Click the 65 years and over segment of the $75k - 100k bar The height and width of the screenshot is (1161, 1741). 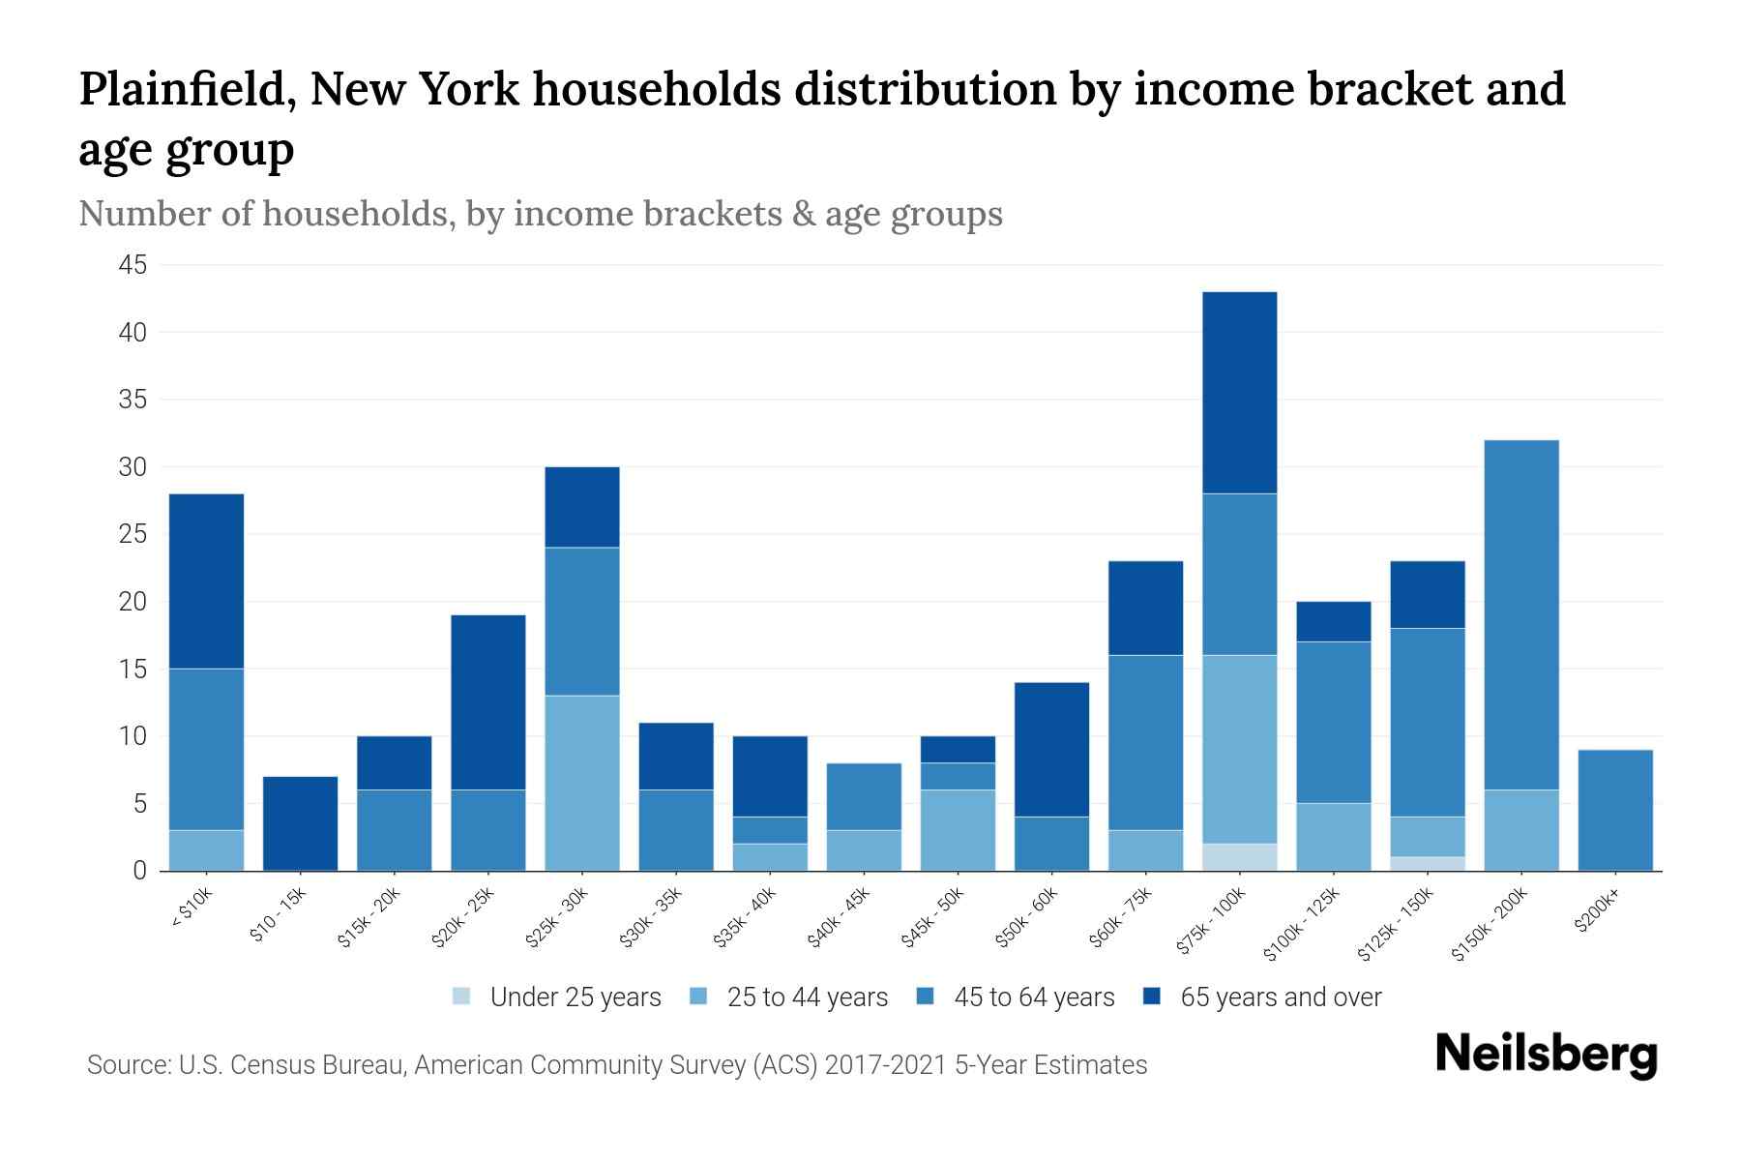tap(1239, 392)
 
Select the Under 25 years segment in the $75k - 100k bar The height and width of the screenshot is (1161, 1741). tap(1239, 857)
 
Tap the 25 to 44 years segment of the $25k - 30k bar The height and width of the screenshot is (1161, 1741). tap(582, 783)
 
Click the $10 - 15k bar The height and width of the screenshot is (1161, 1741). tap(300, 823)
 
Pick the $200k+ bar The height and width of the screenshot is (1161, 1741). tap(1615, 810)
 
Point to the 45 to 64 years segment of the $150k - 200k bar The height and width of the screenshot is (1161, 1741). tap(1521, 614)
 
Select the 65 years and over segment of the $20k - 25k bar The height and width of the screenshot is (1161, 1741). tap(488, 701)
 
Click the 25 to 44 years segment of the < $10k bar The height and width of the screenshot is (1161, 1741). tap(206, 850)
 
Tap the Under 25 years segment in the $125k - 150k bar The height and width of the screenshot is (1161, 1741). tap(1428, 864)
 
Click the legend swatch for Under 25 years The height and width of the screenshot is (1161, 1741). tap(462, 997)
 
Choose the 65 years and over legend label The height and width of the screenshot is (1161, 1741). tap(1281, 997)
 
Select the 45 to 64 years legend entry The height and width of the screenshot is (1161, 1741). tap(1033, 997)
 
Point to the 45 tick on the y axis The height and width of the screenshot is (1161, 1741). tap(133, 265)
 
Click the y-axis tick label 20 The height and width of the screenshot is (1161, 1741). tap(133, 602)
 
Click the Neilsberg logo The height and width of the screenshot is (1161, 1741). tap(1546, 1055)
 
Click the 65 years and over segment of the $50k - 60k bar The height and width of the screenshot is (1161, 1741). tap(1051, 749)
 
